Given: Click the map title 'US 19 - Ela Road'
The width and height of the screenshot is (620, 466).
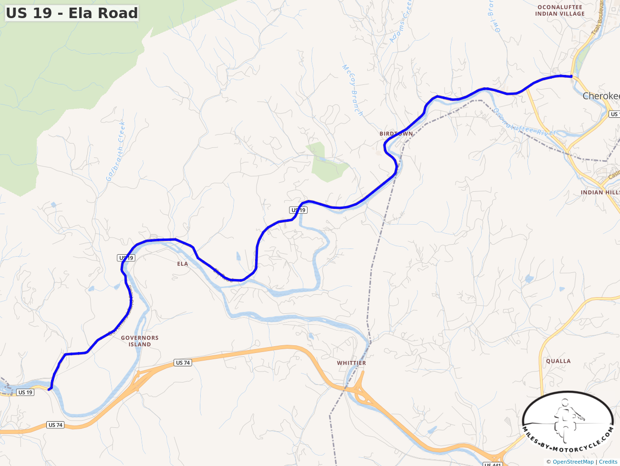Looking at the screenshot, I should [72, 13].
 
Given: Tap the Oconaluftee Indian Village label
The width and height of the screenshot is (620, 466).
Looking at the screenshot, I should [559, 10].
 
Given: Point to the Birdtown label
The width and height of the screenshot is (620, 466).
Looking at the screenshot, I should [396, 134].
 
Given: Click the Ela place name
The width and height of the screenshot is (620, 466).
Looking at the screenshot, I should [183, 264].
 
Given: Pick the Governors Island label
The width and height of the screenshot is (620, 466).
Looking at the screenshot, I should [140, 341].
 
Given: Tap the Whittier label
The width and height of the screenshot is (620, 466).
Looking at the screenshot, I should [351, 363].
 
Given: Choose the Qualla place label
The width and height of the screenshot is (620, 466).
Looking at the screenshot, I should [558, 361].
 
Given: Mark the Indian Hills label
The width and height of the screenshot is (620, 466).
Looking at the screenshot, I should [599, 192].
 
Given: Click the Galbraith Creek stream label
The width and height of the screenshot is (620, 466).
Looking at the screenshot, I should [116, 152].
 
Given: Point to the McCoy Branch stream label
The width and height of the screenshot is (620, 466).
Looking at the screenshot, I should [353, 90].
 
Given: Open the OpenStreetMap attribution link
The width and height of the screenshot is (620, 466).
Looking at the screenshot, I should [573, 462].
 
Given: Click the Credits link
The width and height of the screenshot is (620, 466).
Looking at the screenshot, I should [608, 462].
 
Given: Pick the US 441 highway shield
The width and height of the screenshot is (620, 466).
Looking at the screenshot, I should [493, 464].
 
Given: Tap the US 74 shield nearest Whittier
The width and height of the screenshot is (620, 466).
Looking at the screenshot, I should [183, 362].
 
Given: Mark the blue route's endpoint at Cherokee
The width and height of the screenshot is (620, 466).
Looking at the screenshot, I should [571, 76].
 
